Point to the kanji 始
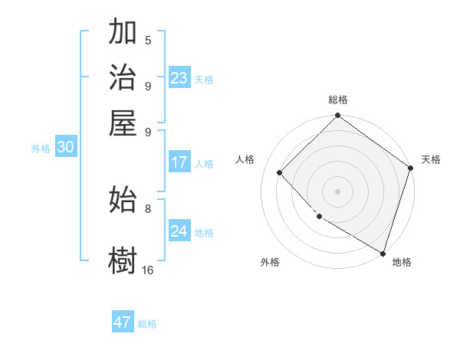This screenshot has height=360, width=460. click(123, 199)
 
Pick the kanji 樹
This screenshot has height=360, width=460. click(123, 260)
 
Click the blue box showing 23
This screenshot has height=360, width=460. click(179, 78)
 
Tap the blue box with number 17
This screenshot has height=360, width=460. click(179, 162)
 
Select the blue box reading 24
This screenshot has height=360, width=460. click(179, 231)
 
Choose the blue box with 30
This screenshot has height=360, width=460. click(65, 148)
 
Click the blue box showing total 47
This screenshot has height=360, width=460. click(123, 322)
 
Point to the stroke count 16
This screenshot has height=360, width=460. click(148, 270)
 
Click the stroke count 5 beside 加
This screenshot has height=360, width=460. click(148, 41)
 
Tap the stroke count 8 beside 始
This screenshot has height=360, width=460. click(148, 208)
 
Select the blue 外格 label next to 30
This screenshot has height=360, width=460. click(41, 149)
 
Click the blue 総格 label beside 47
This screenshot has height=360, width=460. click(148, 324)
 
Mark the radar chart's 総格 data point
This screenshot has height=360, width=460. click(337, 116)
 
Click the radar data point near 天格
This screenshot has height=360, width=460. click(411, 169)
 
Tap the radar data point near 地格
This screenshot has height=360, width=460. click(383, 253)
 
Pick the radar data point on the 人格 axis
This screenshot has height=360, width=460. click(280, 172)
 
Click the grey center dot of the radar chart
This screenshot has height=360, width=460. click(337, 191)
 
